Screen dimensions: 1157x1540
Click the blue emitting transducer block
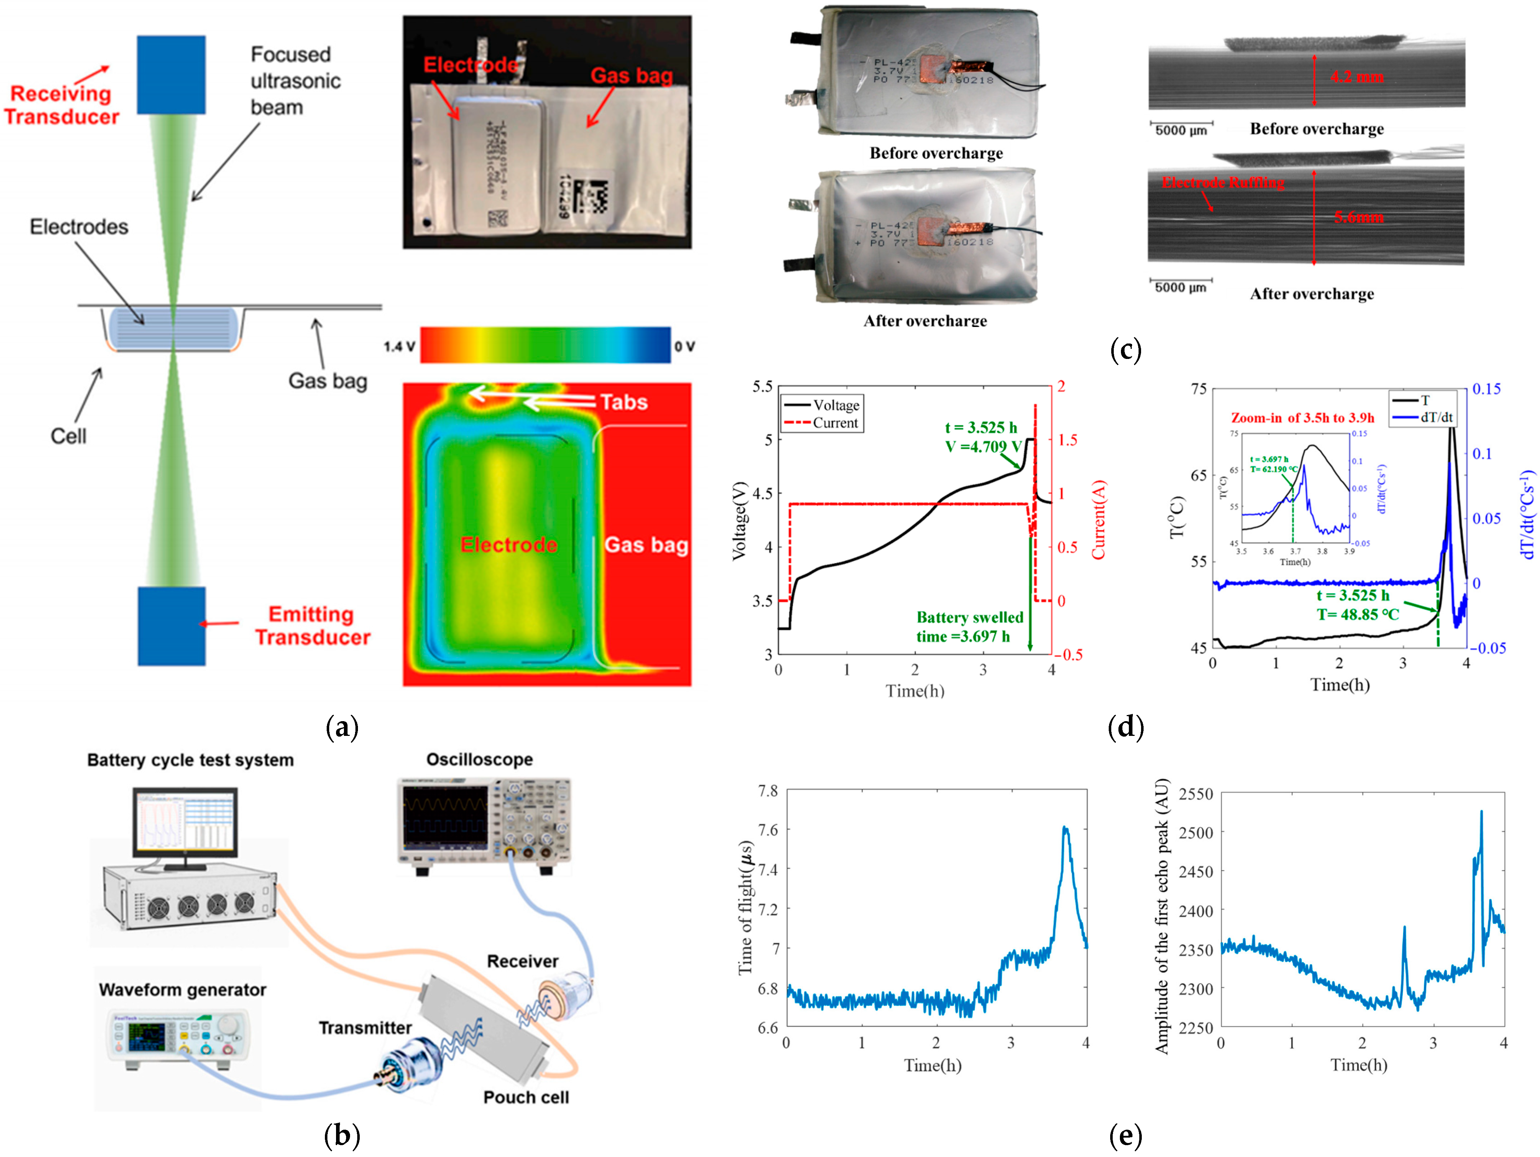pos(171,625)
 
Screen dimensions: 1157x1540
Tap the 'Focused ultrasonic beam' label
pos(295,81)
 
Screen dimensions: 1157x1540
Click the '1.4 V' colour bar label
pos(399,346)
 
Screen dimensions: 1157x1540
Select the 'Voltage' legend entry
pos(836,405)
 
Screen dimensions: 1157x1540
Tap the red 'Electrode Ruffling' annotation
pos(1223,183)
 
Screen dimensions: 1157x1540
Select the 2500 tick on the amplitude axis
pos(1195,833)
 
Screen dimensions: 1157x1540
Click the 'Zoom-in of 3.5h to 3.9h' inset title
pos(1302,418)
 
